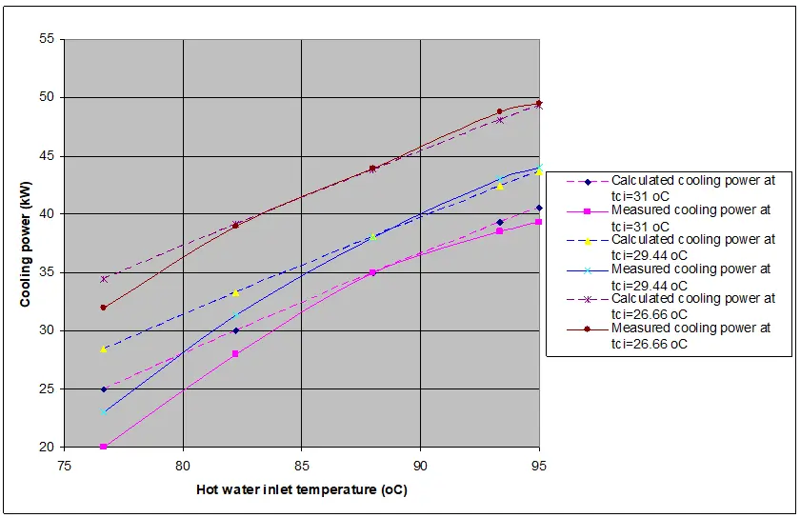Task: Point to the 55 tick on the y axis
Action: (49, 40)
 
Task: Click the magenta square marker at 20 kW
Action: (103, 447)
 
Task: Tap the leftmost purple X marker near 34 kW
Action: (104, 279)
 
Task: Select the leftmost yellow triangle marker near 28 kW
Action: (103, 349)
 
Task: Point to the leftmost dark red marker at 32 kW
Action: (103, 308)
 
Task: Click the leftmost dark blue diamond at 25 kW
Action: (104, 388)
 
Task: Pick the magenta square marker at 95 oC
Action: (539, 222)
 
